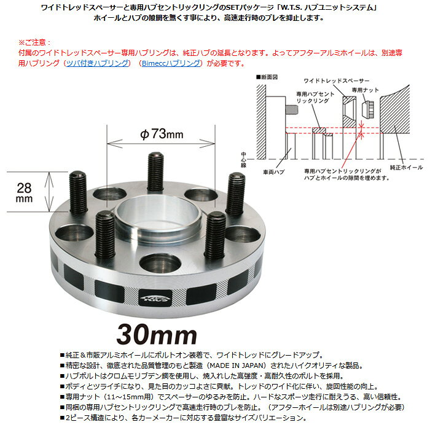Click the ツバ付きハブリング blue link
(98, 63)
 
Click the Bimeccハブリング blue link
(171, 63)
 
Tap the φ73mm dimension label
(162, 134)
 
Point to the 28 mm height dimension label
(24, 193)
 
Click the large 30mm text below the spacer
(157, 335)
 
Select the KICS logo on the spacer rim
(156, 298)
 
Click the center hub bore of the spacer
(158, 214)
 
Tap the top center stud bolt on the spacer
(155, 171)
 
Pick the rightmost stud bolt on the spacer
(235, 193)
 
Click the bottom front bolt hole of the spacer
(160, 264)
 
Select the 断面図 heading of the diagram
(267, 77)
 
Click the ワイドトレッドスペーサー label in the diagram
(337, 81)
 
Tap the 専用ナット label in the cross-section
(365, 90)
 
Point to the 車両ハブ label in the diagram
(274, 172)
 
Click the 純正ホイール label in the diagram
(407, 167)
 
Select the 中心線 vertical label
(243, 160)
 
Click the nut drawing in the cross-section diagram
(368, 109)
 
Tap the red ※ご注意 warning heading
(34, 42)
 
